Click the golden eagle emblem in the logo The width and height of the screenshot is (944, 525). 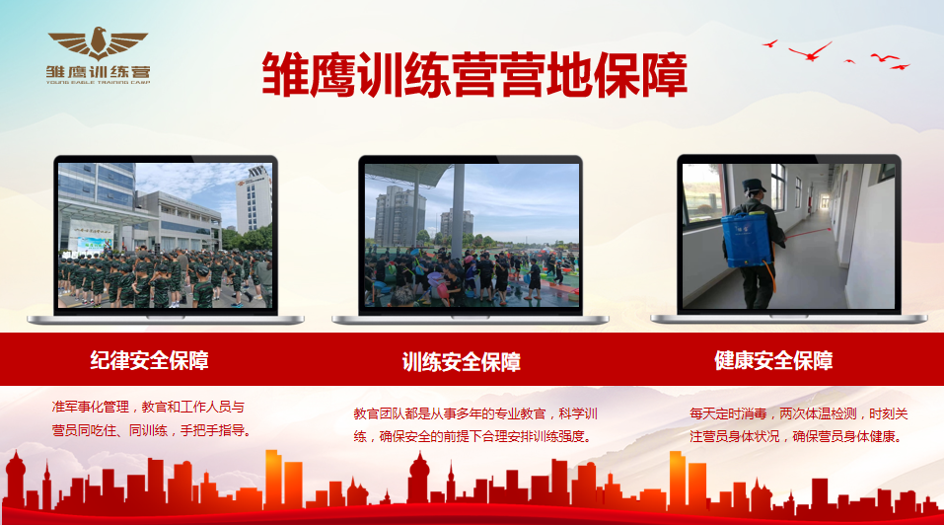pyautogui.click(x=98, y=43)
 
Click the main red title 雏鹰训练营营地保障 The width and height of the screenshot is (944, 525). pyautogui.click(x=474, y=75)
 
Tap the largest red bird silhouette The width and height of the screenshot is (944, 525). pyautogui.click(x=811, y=51)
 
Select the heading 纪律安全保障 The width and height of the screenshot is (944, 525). pyautogui.click(x=149, y=360)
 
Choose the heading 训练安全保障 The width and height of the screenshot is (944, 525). pyautogui.click(x=462, y=362)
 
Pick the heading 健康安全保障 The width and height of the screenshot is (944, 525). pyautogui.click(x=773, y=360)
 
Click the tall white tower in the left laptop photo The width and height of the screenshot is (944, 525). pyautogui.click(x=254, y=198)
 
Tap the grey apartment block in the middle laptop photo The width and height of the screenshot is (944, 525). pyautogui.click(x=399, y=215)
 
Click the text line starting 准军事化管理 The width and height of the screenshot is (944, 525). pyautogui.click(x=148, y=408)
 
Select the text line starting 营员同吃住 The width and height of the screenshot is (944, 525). pyautogui.click(x=151, y=431)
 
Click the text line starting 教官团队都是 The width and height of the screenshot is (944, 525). pyautogui.click(x=475, y=414)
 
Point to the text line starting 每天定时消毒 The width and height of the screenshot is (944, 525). pyautogui.click(x=798, y=414)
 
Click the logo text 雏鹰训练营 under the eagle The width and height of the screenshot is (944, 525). pyautogui.click(x=98, y=72)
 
